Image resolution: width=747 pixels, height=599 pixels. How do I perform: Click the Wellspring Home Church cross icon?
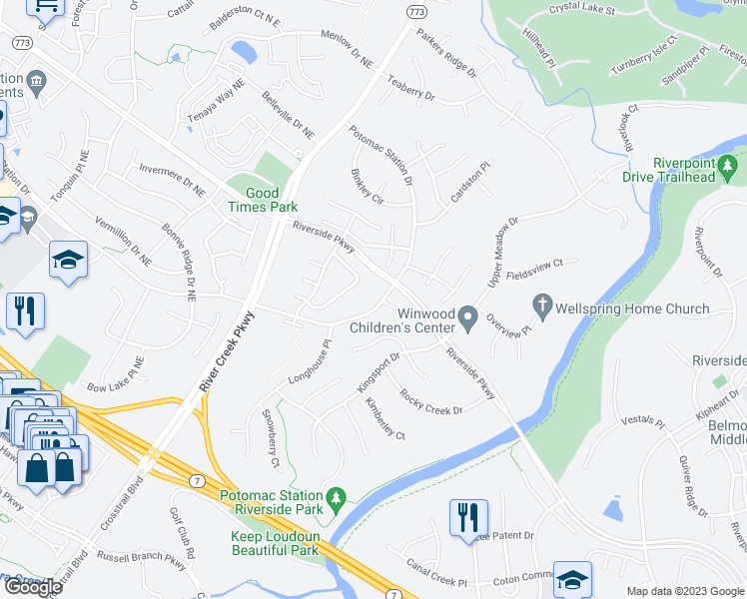[542, 307]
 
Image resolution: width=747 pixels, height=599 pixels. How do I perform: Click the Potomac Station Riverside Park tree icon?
[337, 497]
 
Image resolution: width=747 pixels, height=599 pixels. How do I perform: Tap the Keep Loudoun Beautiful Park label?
[275, 543]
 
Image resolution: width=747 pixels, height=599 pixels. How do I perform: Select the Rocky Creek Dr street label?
[430, 402]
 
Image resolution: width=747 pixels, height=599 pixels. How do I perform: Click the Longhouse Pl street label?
[309, 367]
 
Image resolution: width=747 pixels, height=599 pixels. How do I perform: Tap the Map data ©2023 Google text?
[684, 591]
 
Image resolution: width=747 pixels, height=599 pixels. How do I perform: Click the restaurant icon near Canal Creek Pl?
[468, 518]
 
